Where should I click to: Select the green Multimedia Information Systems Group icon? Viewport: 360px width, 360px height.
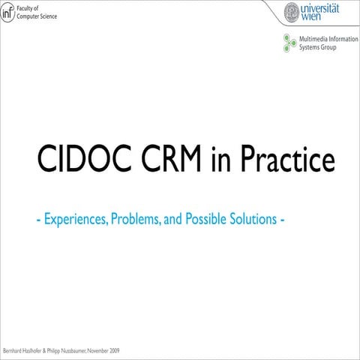288,43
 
